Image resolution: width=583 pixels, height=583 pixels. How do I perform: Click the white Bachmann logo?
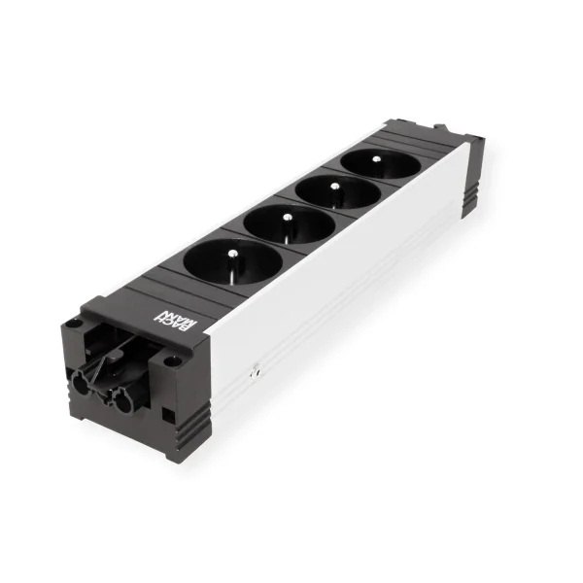pos(177,319)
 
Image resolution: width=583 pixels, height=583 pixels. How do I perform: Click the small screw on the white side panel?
pos(256,370)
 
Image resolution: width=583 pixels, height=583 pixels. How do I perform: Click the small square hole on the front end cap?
pos(168,414)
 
